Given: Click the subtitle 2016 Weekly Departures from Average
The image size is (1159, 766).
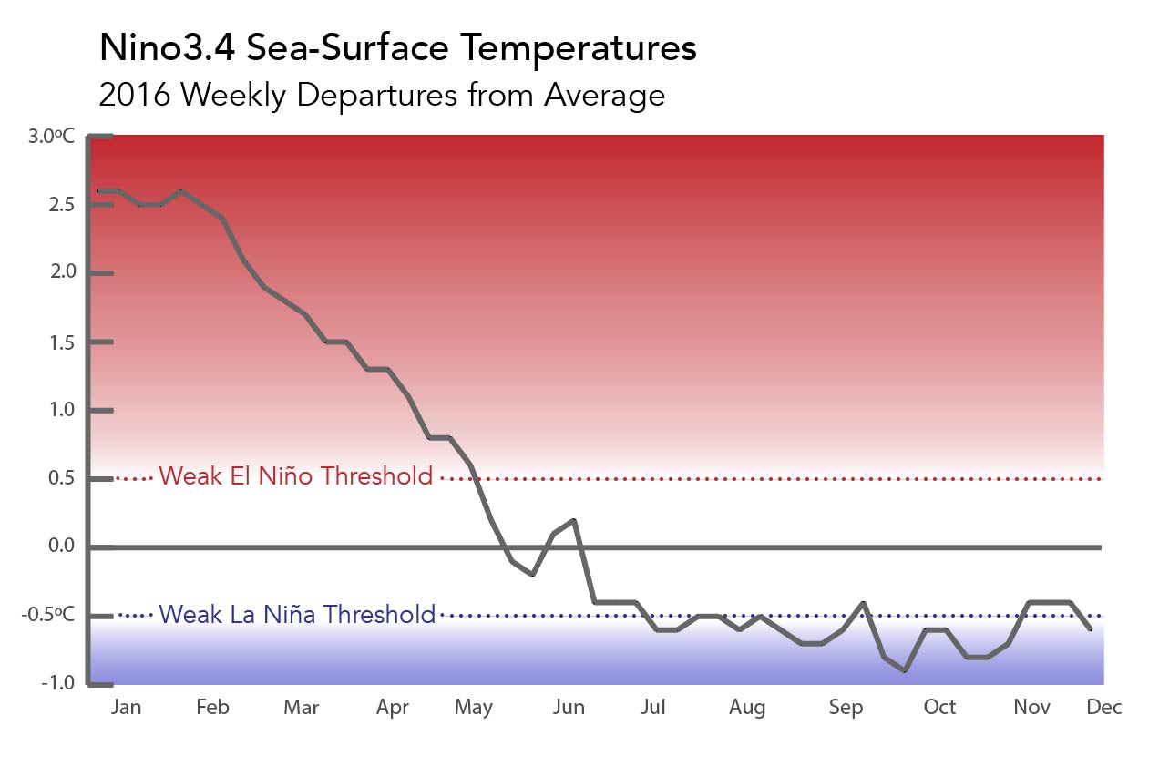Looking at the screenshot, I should (382, 95).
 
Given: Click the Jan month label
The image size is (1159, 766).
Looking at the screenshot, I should (126, 708).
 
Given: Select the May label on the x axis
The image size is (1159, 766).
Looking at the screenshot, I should (473, 708).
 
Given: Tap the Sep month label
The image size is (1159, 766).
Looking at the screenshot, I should (846, 708).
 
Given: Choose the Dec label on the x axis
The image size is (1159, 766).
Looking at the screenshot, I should (1103, 707).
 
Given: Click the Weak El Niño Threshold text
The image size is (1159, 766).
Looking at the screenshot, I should (296, 475).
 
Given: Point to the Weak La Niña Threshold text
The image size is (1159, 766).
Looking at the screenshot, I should (297, 615).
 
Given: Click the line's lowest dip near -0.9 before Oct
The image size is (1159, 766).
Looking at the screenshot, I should (905, 670).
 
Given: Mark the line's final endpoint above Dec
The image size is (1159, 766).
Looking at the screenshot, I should (1092, 628).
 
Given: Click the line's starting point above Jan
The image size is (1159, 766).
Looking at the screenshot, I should (98, 191).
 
